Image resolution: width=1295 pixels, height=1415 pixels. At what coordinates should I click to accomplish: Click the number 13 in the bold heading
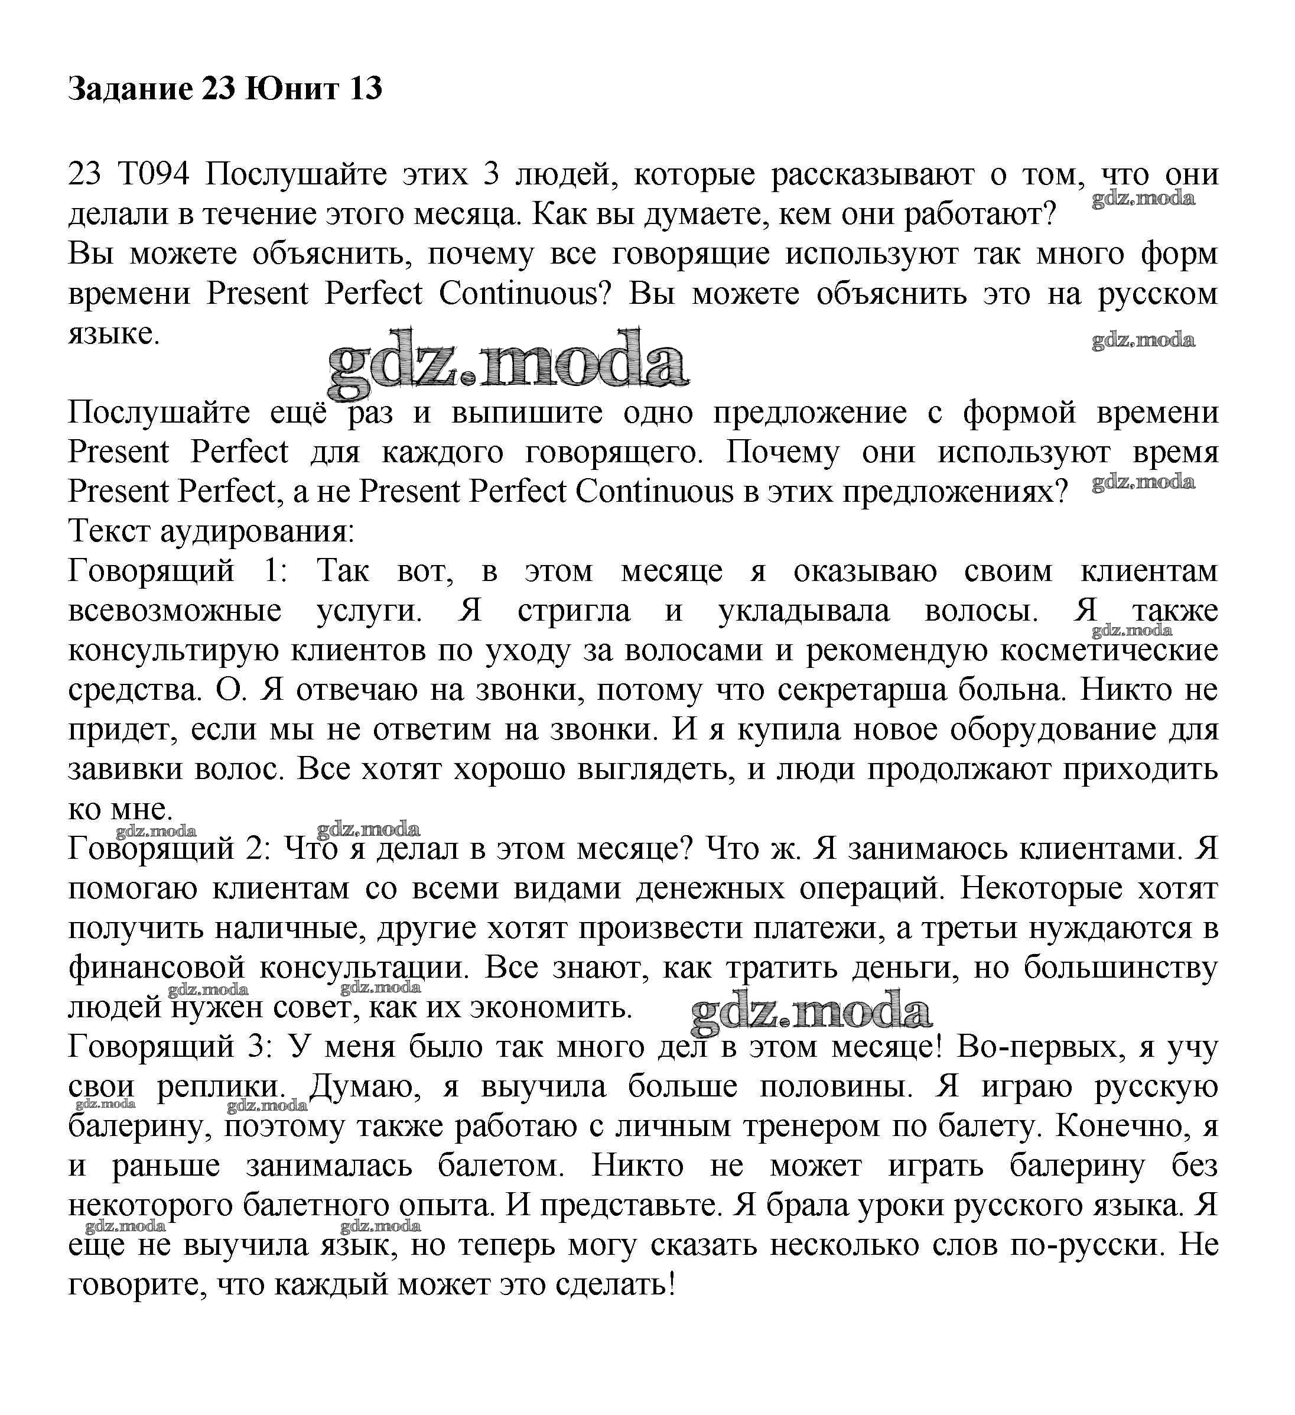pyautogui.click(x=364, y=89)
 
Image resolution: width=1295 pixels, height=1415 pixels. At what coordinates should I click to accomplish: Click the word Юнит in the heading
pyautogui.click(x=292, y=89)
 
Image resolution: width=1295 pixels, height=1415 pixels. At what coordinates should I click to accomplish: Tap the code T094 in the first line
pyautogui.click(x=154, y=174)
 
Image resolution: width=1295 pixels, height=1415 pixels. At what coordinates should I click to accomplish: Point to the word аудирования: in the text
pyautogui.click(x=258, y=531)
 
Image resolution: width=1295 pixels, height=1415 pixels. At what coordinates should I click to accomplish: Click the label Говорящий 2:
pyautogui.click(x=169, y=849)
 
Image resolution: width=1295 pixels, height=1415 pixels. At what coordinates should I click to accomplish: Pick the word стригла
pyautogui.click(x=574, y=611)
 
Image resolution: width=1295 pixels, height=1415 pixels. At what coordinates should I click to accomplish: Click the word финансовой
pyautogui.click(x=157, y=968)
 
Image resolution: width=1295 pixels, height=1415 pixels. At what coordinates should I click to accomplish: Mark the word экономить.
pyautogui.click(x=551, y=1007)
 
